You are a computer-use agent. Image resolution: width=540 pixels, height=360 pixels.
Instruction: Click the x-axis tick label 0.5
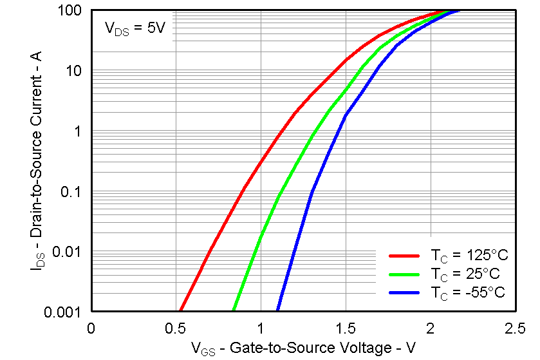pos(176,328)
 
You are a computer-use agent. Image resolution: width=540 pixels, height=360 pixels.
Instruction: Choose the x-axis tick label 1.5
pos(346,328)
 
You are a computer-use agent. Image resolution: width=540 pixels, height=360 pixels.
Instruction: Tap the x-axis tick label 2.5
pos(515,328)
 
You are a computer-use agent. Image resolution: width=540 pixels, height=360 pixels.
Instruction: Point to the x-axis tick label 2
pos(431,328)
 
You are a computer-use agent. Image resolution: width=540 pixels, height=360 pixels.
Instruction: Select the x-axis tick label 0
pos(91,328)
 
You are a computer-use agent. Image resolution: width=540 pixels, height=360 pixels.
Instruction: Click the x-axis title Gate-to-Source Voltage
pos(303,348)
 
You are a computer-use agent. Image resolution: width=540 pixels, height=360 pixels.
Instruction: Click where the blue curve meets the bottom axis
pos(278,311)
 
